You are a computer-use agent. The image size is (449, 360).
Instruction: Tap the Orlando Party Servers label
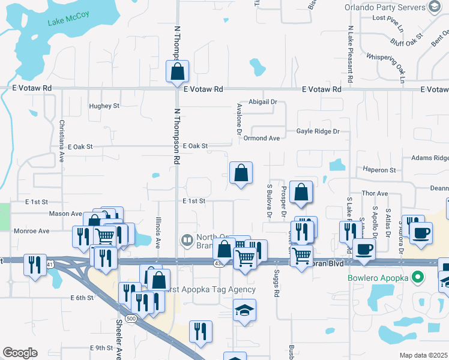tap(385, 8)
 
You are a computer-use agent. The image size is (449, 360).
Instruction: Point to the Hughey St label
tap(104, 106)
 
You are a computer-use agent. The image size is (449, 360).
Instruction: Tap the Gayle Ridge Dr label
tap(318, 131)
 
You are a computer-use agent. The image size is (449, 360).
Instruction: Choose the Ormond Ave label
tap(262, 139)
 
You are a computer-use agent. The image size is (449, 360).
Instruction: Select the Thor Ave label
tap(375, 194)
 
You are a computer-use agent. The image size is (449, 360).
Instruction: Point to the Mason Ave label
tap(65, 214)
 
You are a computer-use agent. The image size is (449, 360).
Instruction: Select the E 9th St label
tap(101, 348)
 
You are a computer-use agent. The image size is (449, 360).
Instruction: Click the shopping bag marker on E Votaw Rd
tap(178, 72)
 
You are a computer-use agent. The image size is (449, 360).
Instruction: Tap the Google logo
tap(20, 353)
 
